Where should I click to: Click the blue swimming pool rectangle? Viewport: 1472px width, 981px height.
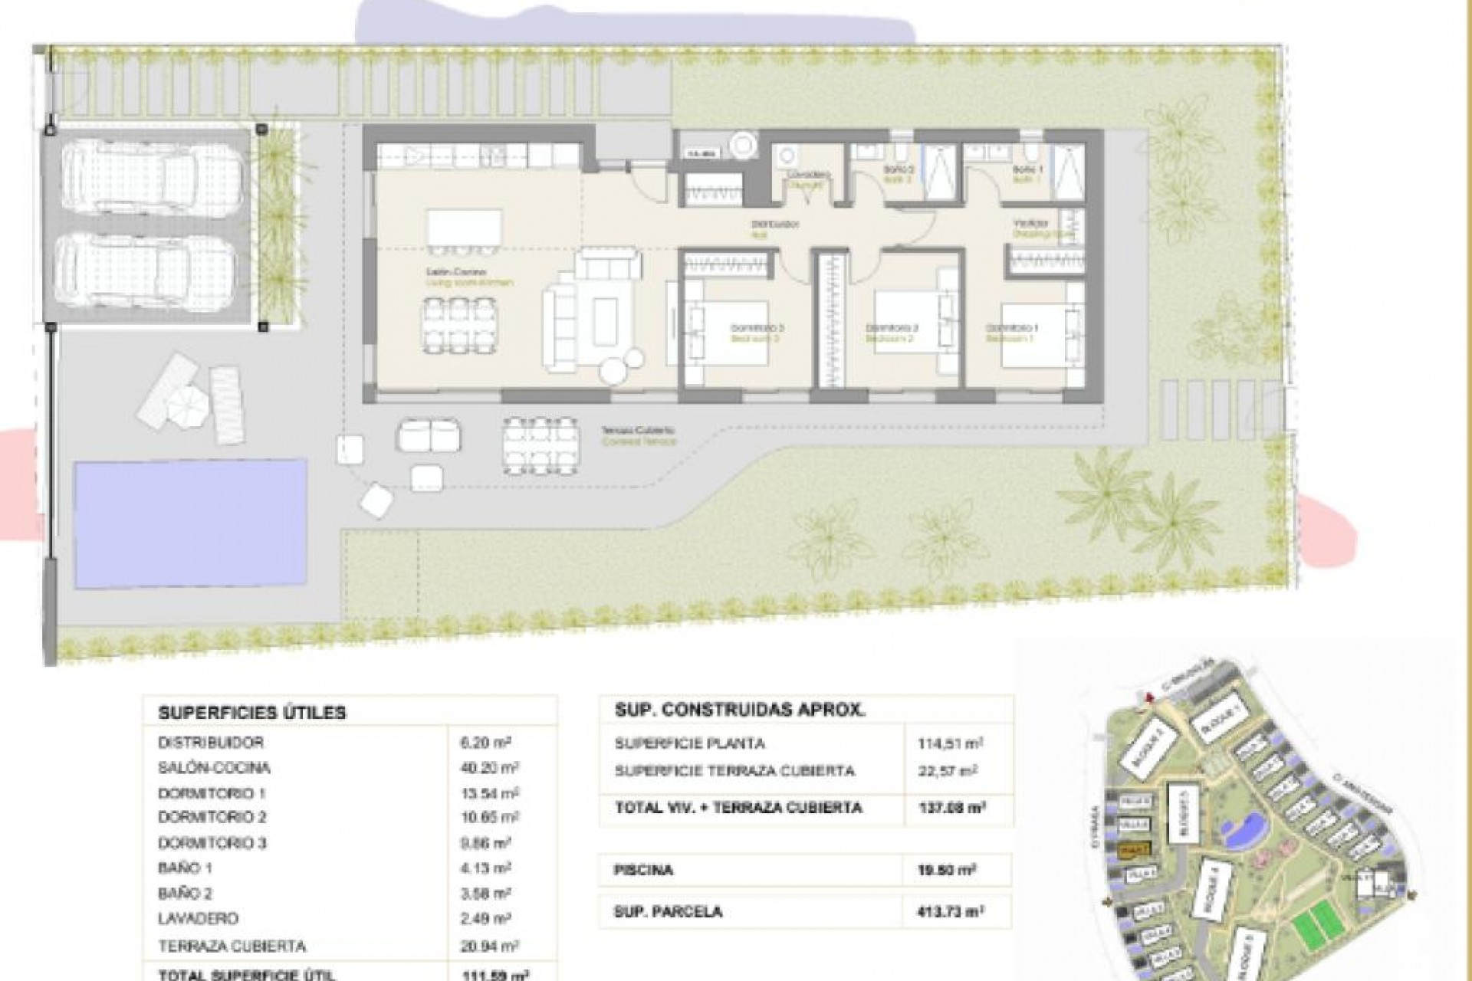190,523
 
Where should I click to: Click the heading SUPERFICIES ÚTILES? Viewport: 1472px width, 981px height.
252,713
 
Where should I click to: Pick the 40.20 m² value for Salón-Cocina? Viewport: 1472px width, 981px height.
489,768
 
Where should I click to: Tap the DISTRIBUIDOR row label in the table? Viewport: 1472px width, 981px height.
211,743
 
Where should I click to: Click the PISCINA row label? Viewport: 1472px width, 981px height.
644,871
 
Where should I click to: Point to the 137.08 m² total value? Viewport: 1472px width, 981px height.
951,808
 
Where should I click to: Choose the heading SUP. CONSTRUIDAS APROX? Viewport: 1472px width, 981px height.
740,710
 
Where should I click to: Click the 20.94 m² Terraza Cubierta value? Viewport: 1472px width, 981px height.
489,947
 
